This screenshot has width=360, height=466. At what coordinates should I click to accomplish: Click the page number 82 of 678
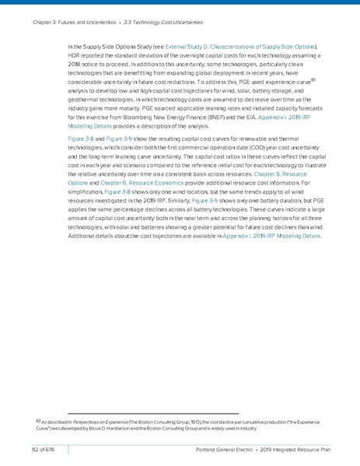pos(35,451)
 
